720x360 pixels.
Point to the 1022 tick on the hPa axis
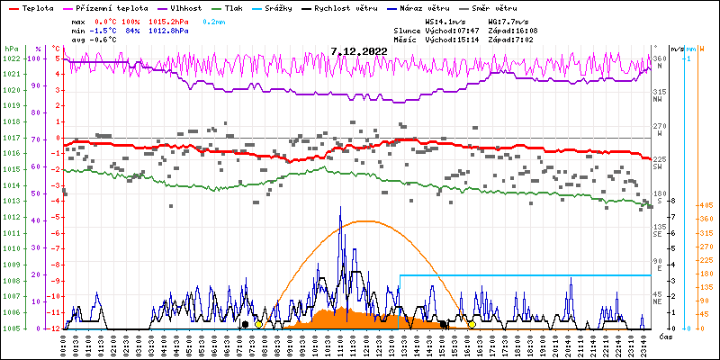(x=11, y=58)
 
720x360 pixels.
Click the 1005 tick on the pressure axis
(x=11, y=328)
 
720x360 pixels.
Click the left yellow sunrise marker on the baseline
(x=258, y=324)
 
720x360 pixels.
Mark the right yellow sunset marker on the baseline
(x=471, y=324)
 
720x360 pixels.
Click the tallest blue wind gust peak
(x=340, y=207)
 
